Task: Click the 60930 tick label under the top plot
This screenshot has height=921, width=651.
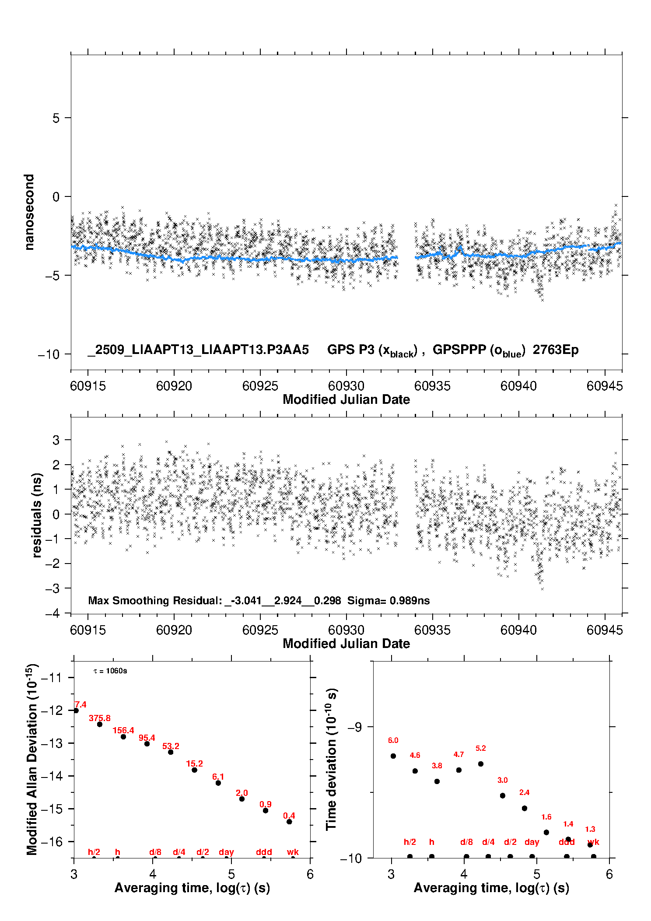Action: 346,386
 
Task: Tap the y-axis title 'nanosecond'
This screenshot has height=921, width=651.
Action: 29,212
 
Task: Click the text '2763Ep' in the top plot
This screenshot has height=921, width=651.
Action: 556,350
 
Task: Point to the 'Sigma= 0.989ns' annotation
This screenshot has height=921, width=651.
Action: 388,600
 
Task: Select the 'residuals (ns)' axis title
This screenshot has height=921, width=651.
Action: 37,515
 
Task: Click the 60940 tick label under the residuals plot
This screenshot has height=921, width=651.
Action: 518,630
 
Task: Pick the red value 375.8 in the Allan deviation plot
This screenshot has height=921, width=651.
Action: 100,718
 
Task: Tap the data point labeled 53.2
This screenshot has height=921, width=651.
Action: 171,752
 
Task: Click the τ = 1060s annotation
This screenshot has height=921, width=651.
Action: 110,671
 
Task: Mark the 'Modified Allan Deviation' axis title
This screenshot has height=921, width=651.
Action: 32,759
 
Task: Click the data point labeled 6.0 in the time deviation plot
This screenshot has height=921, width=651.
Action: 393,756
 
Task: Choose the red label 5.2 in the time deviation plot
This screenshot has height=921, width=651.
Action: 481,748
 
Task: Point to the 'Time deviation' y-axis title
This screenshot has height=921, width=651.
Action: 331,760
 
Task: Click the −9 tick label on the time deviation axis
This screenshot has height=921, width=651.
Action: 354,727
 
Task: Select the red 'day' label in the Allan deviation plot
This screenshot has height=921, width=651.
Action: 226,852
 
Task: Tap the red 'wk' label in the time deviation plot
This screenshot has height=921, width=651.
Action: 593,842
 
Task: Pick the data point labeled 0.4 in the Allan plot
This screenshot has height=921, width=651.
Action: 289,822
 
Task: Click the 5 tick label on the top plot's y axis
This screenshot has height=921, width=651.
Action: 56,118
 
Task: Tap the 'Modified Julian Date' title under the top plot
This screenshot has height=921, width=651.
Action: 346,399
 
